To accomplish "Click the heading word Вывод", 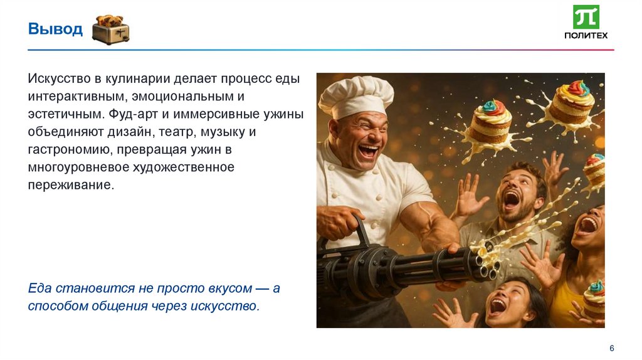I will pyautogui.click(x=55, y=29).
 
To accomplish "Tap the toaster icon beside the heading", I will pyautogui.click(x=110, y=30).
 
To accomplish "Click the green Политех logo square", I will pyautogui.click(x=586, y=17).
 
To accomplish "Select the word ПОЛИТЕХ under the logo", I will pyautogui.click(x=586, y=35).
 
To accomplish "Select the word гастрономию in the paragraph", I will pyautogui.click(x=65, y=150).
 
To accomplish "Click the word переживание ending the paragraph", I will pyautogui.click(x=71, y=186).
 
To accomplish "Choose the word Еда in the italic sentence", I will pyautogui.click(x=39, y=289).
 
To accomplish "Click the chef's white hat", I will pyautogui.click(x=355, y=95).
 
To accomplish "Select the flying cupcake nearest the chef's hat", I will pyautogui.click(x=490, y=121).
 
